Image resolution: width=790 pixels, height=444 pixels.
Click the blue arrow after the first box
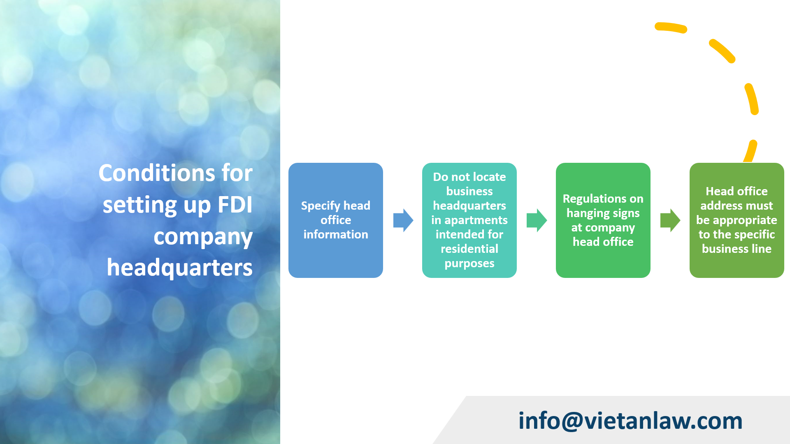(403, 220)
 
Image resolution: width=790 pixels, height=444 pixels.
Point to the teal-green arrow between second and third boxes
(537, 220)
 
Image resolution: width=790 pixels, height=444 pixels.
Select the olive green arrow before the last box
(670, 220)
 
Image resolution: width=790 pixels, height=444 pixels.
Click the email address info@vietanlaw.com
(630, 421)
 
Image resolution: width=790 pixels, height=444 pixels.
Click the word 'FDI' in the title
(235, 205)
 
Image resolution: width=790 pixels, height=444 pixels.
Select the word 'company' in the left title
(203, 237)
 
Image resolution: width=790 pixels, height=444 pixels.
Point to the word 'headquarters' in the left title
(179, 268)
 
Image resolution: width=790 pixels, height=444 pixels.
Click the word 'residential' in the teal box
(469, 249)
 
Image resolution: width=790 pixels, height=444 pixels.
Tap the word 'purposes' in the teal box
(469, 264)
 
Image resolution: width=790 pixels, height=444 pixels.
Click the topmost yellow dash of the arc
(671, 28)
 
